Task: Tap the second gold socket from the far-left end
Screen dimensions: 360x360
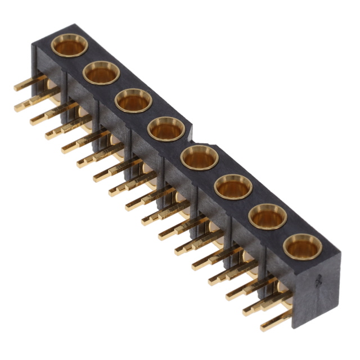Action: pos(101,73)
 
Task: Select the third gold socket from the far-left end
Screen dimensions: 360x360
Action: pos(134,101)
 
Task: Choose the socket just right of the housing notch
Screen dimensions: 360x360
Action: pos(200,157)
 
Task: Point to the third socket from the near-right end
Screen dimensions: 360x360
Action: pos(233,187)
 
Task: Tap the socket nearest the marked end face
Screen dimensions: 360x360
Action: pos(302,246)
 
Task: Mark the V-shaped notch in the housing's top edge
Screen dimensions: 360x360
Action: pos(191,138)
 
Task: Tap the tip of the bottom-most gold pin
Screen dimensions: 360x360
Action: pos(263,327)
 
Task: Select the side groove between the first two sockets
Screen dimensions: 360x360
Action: pos(67,84)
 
